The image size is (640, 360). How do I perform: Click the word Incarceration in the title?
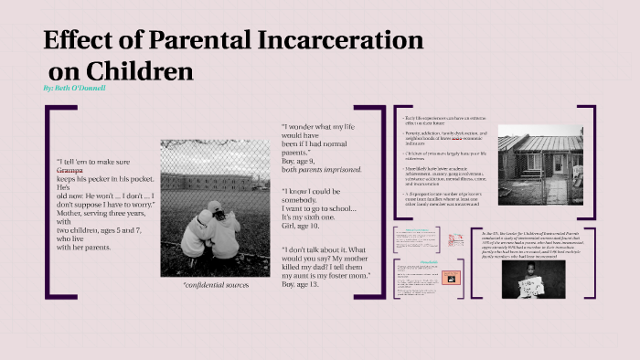[x=347, y=41]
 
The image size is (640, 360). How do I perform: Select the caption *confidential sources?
[x=215, y=285]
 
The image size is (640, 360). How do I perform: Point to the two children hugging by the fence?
[x=211, y=228]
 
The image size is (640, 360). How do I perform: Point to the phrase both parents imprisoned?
[x=323, y=170]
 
